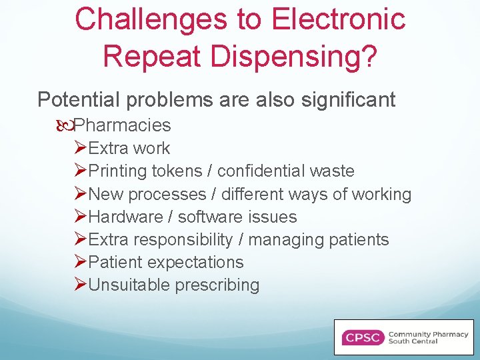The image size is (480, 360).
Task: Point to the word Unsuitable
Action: click(x=129, y=285)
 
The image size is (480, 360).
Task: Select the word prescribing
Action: click(x=217, y=285)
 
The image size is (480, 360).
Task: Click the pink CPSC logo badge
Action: click(x=363, y=337)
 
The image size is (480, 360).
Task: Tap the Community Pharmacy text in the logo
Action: click(x=428, y=334)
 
